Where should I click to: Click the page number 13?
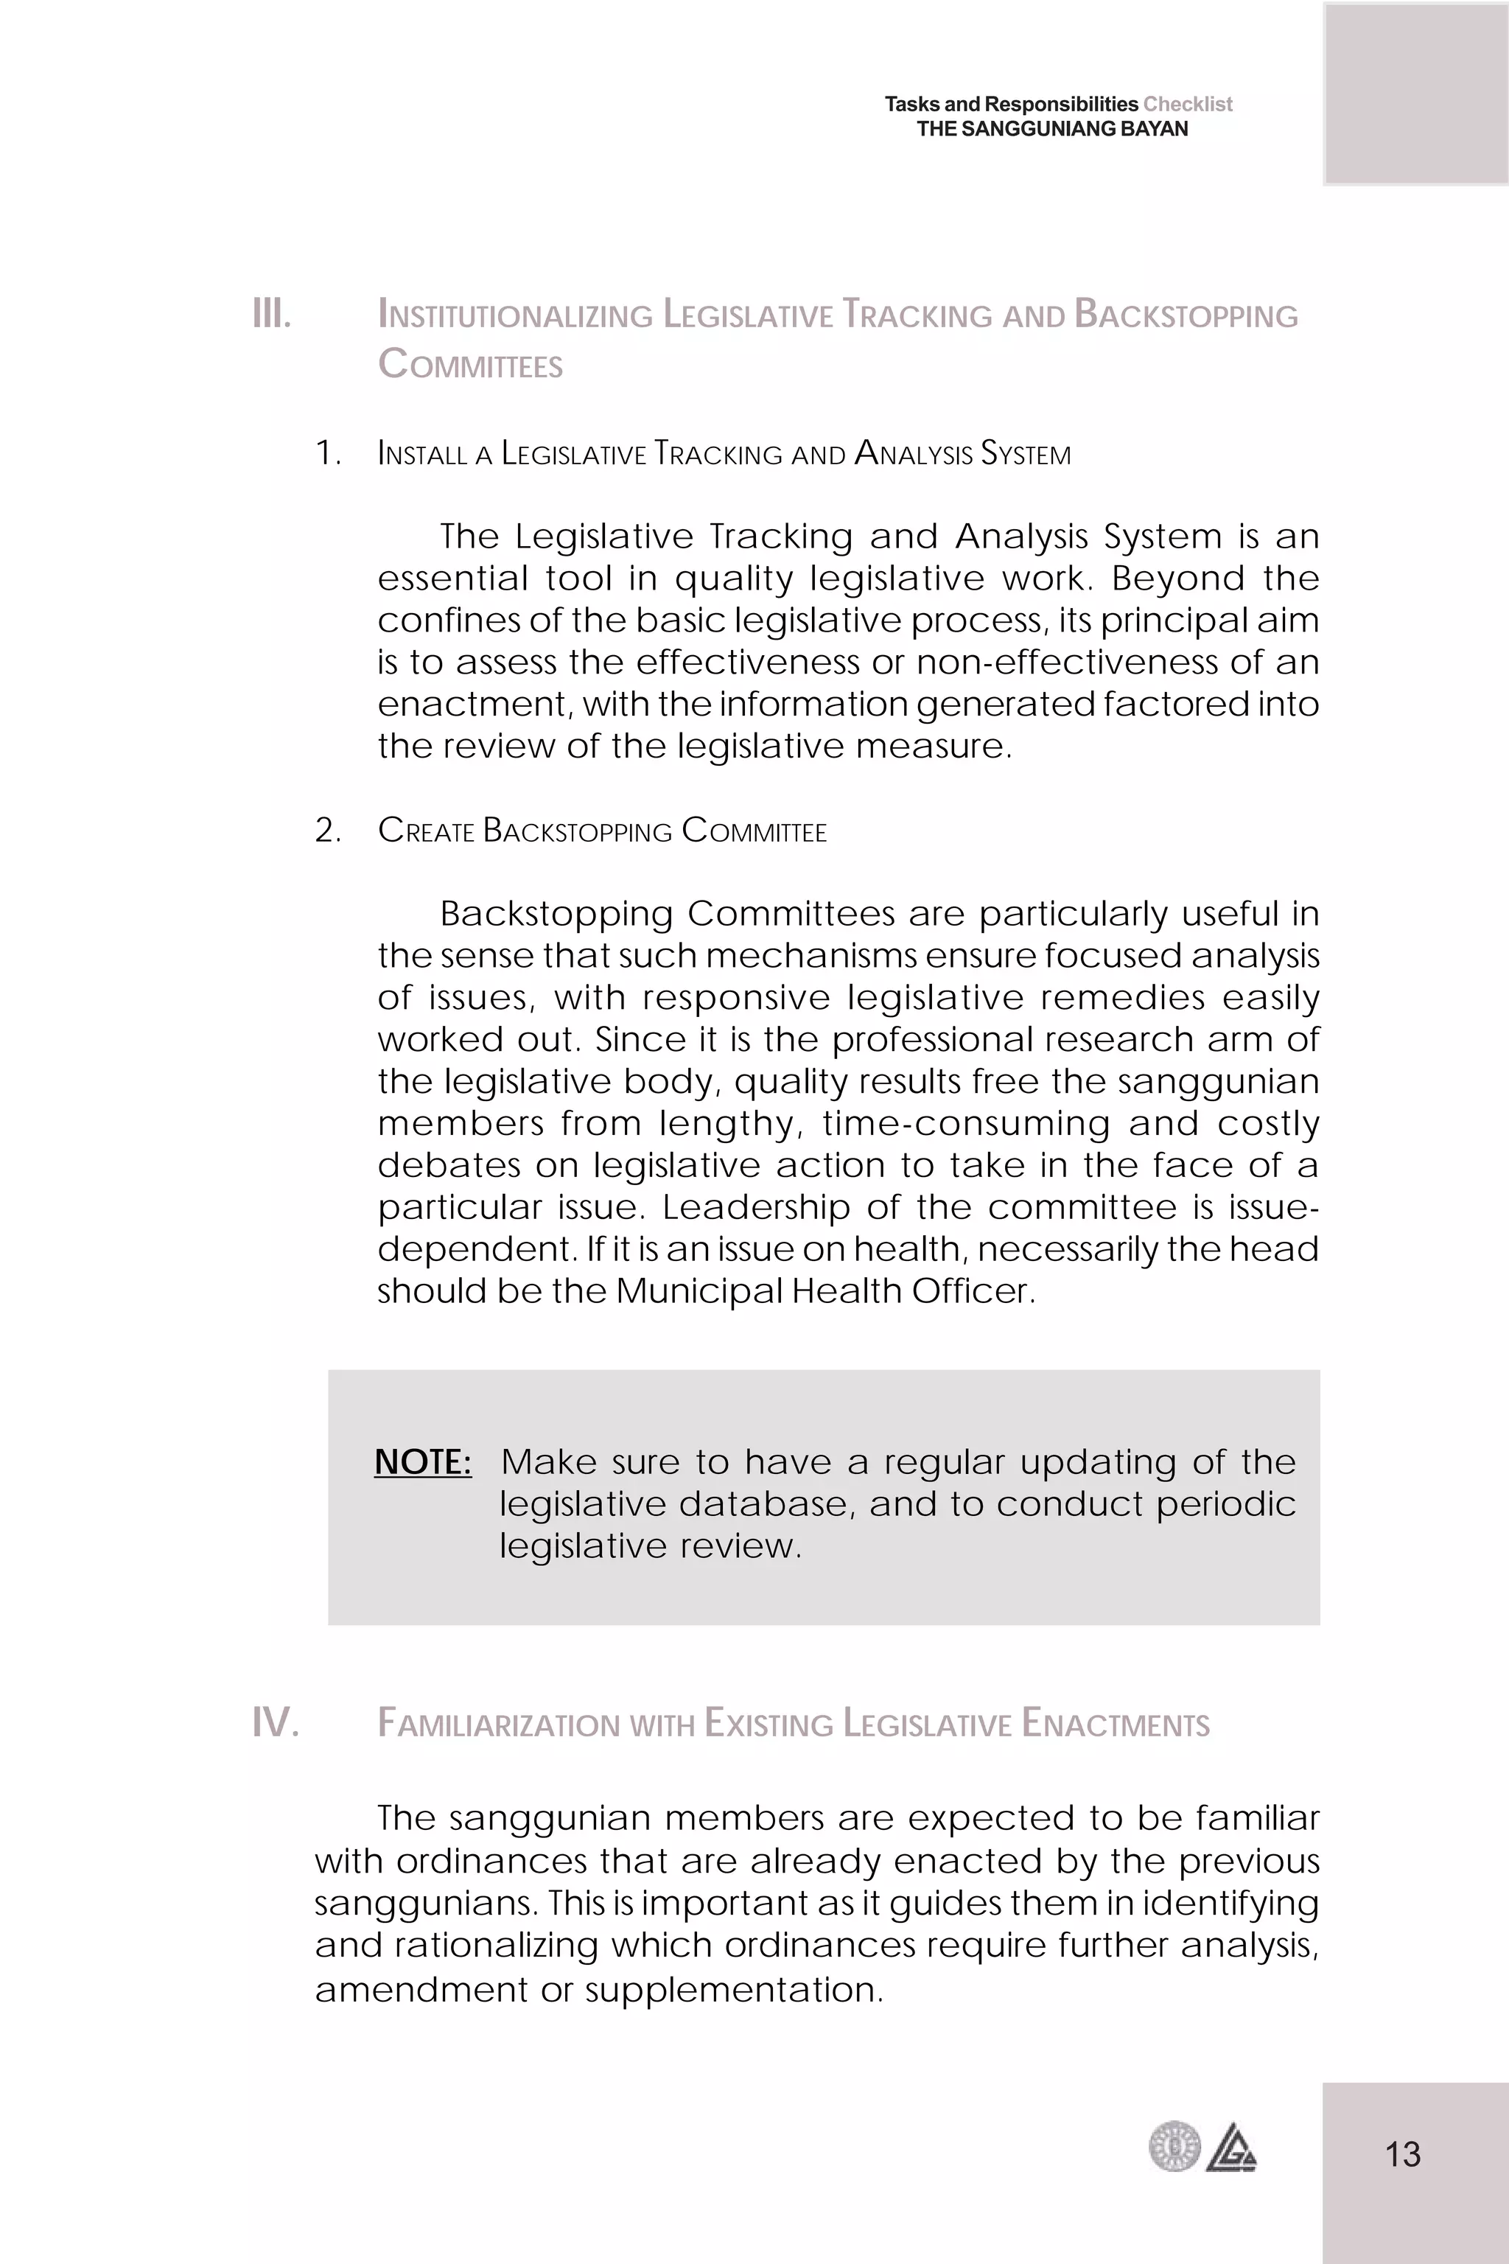click(1402, 2153)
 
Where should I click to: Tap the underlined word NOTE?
click(422, 1461)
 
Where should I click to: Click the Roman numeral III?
click(271, 314)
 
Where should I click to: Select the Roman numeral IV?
click(276, 1722)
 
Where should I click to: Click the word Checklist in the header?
click(1188, 104)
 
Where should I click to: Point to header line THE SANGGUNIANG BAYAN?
click(1052, 129)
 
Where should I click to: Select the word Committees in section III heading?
click(471, 365)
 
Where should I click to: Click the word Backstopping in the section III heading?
click(1186, 315)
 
